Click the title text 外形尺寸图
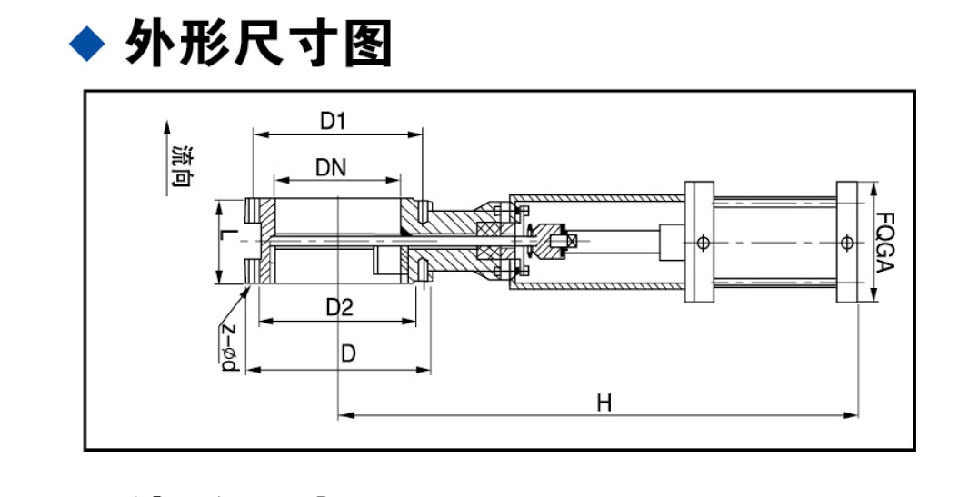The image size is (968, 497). tap(259, 43)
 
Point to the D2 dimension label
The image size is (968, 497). tap(339, 307)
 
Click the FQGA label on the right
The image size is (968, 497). tap(886, 243)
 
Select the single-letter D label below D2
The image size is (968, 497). tap(348, 353)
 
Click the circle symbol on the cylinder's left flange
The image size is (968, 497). tap(702, 243)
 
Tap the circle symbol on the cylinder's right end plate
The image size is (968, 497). tap(847, 243)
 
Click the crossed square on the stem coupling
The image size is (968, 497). tap(572, 241)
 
